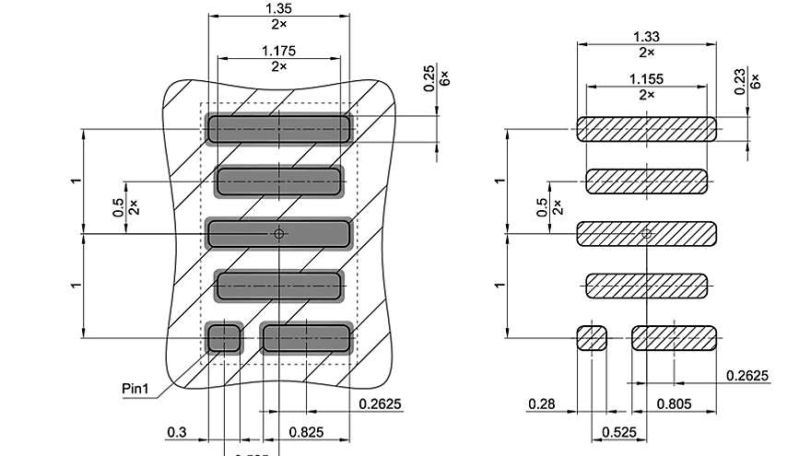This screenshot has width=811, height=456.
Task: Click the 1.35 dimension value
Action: [x=278, y=7]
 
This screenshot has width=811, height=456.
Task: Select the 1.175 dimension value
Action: [x=278, y=50]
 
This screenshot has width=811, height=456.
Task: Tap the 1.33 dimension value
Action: [x=646, y=36]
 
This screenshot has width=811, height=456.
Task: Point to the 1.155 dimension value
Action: [x=646, y=78]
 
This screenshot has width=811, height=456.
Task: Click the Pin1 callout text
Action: [x=135, y=387]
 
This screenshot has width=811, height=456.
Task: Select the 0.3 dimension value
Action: [x=177, y=431]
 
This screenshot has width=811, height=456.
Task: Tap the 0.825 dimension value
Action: [x=306, y=431]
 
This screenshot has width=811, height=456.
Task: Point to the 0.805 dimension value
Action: [x=675, y=403]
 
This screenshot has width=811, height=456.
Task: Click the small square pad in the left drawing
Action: [x=223, y=338]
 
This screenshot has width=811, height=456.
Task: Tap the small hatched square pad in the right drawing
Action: [x=592, y=338]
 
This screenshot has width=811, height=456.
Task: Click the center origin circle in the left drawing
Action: [x=278, y=234]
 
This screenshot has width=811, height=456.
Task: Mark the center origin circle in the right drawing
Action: [x=646, y=234]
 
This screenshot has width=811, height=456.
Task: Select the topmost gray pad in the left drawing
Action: [x=278, y=129]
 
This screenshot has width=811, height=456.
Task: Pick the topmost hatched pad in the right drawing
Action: [x=646, y=129]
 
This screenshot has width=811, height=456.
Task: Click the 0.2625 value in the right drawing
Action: [x=747, y=376]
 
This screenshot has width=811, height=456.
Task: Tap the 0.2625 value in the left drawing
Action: [x=379, y=403]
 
